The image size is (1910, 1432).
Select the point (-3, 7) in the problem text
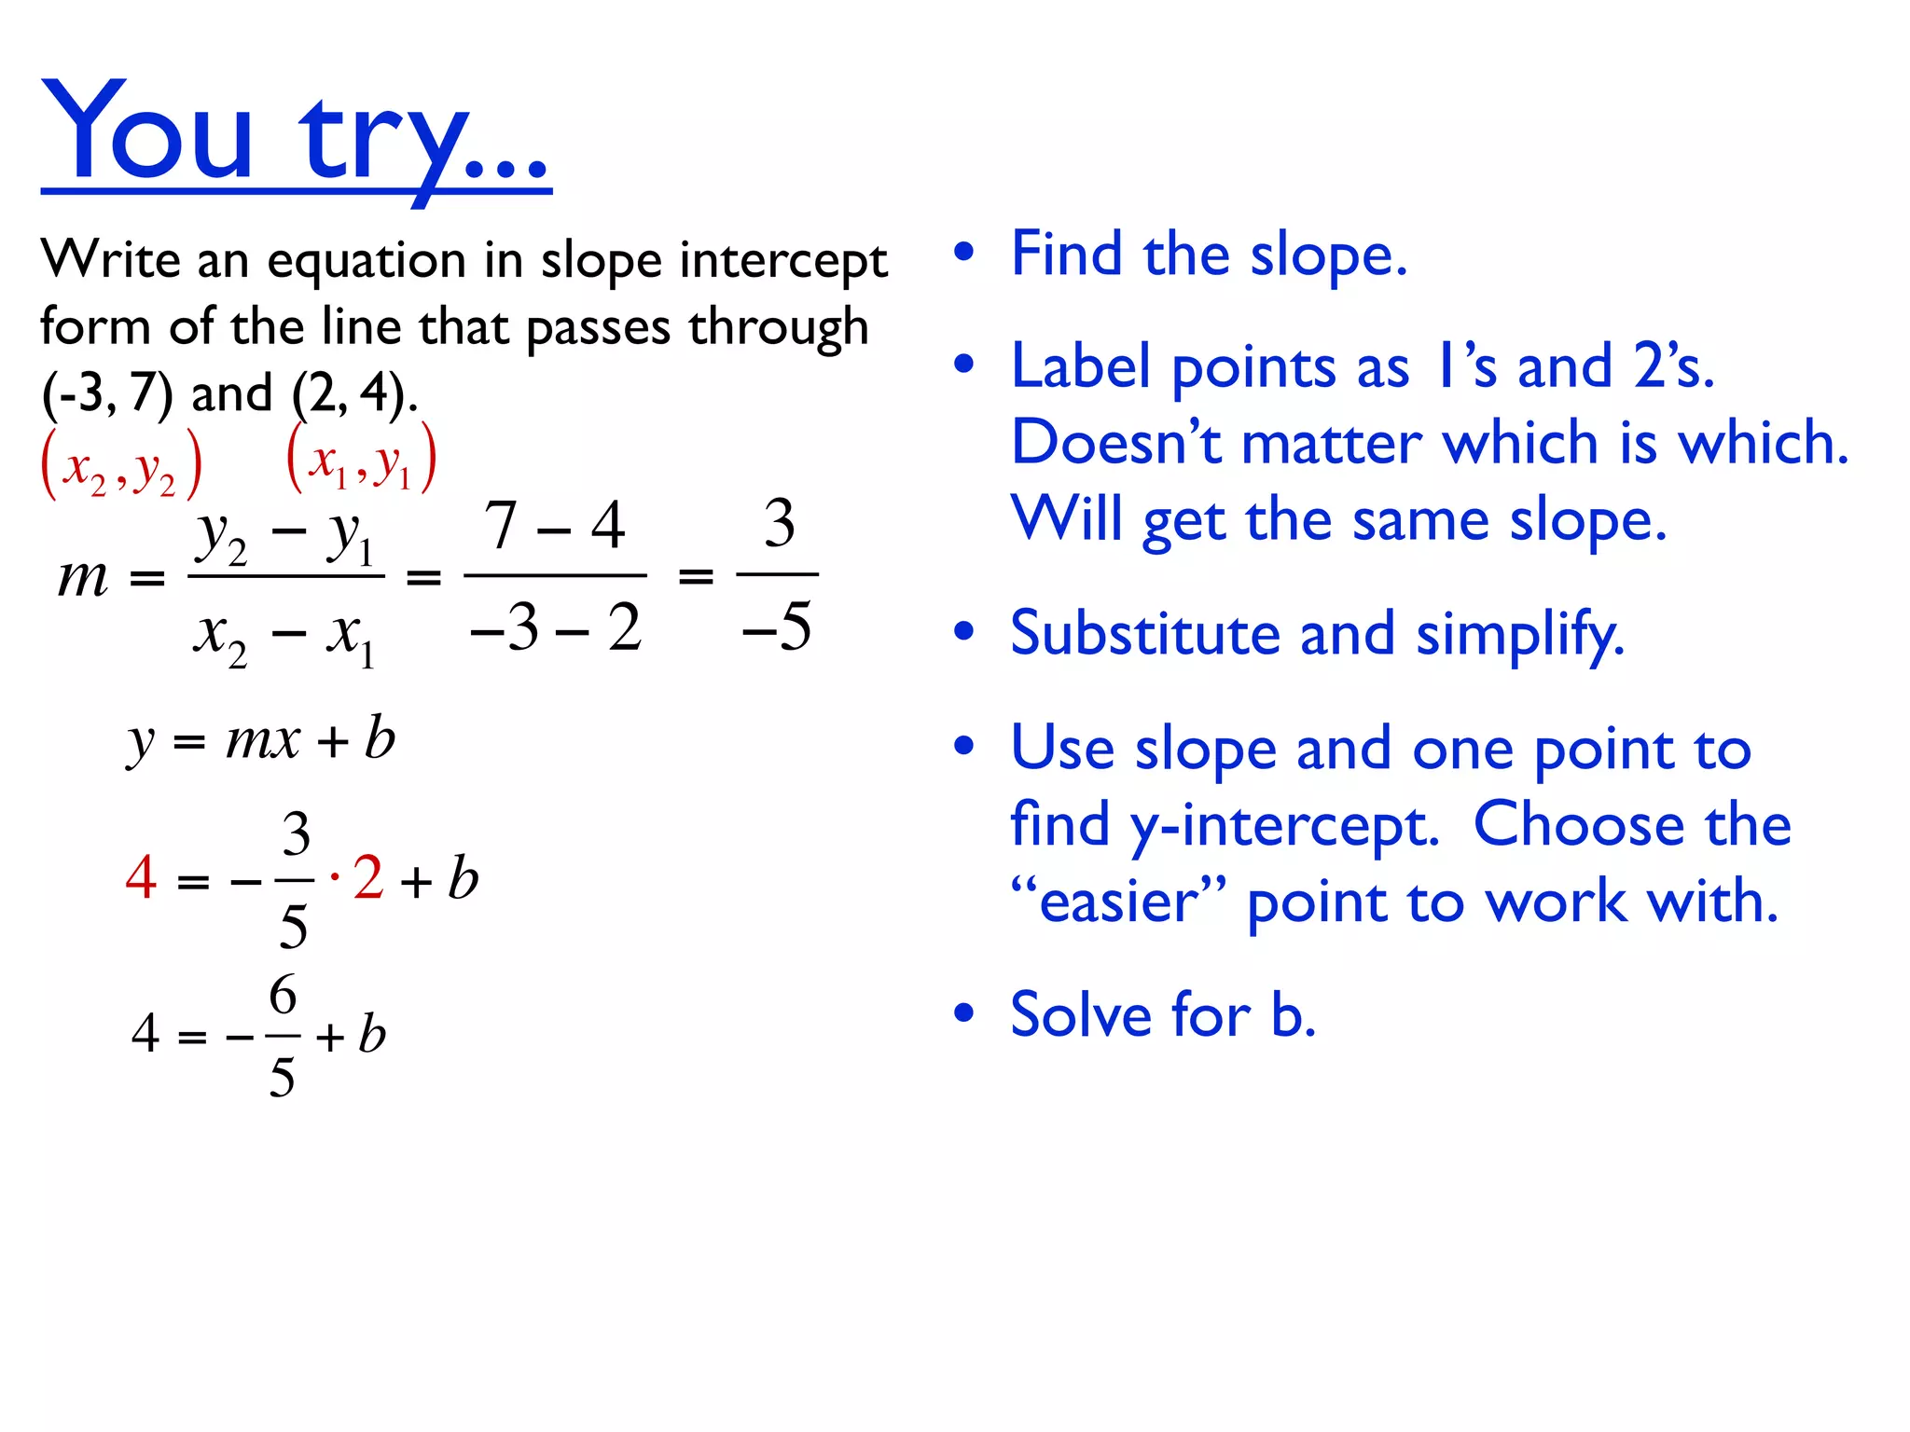pos(107,393)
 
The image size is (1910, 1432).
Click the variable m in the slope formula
pos(83,577)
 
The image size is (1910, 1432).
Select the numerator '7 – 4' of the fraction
pos(555,526)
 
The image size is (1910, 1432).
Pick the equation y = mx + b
pos(262,741)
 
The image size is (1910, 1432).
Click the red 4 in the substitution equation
pos(141,877)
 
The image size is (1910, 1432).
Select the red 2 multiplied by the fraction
pos(368,877)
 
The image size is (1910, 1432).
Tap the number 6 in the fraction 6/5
pos(283,995)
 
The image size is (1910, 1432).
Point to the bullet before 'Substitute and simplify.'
pos(964,632)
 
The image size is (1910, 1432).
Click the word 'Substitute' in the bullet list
pos(1145,634)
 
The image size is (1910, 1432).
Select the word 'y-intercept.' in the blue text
pos(1284,826)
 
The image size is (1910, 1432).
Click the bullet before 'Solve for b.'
pos(964,1012)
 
